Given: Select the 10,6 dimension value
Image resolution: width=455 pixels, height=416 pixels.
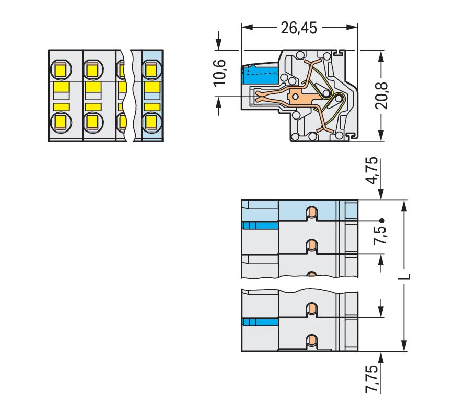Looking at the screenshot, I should coord(220,72).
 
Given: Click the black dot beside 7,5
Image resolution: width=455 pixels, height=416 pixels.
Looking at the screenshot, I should coord(382,220).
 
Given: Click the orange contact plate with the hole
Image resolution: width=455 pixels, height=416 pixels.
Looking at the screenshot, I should coord(297,96).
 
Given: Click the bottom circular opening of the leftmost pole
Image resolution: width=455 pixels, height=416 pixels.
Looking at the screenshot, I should coord(61,122).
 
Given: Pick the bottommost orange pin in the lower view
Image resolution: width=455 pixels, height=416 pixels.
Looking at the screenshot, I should coord(311,341).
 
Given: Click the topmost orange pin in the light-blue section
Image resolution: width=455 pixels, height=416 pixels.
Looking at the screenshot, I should coord(311,212).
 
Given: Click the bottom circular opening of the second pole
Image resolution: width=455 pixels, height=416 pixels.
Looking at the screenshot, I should coord(92,122).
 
